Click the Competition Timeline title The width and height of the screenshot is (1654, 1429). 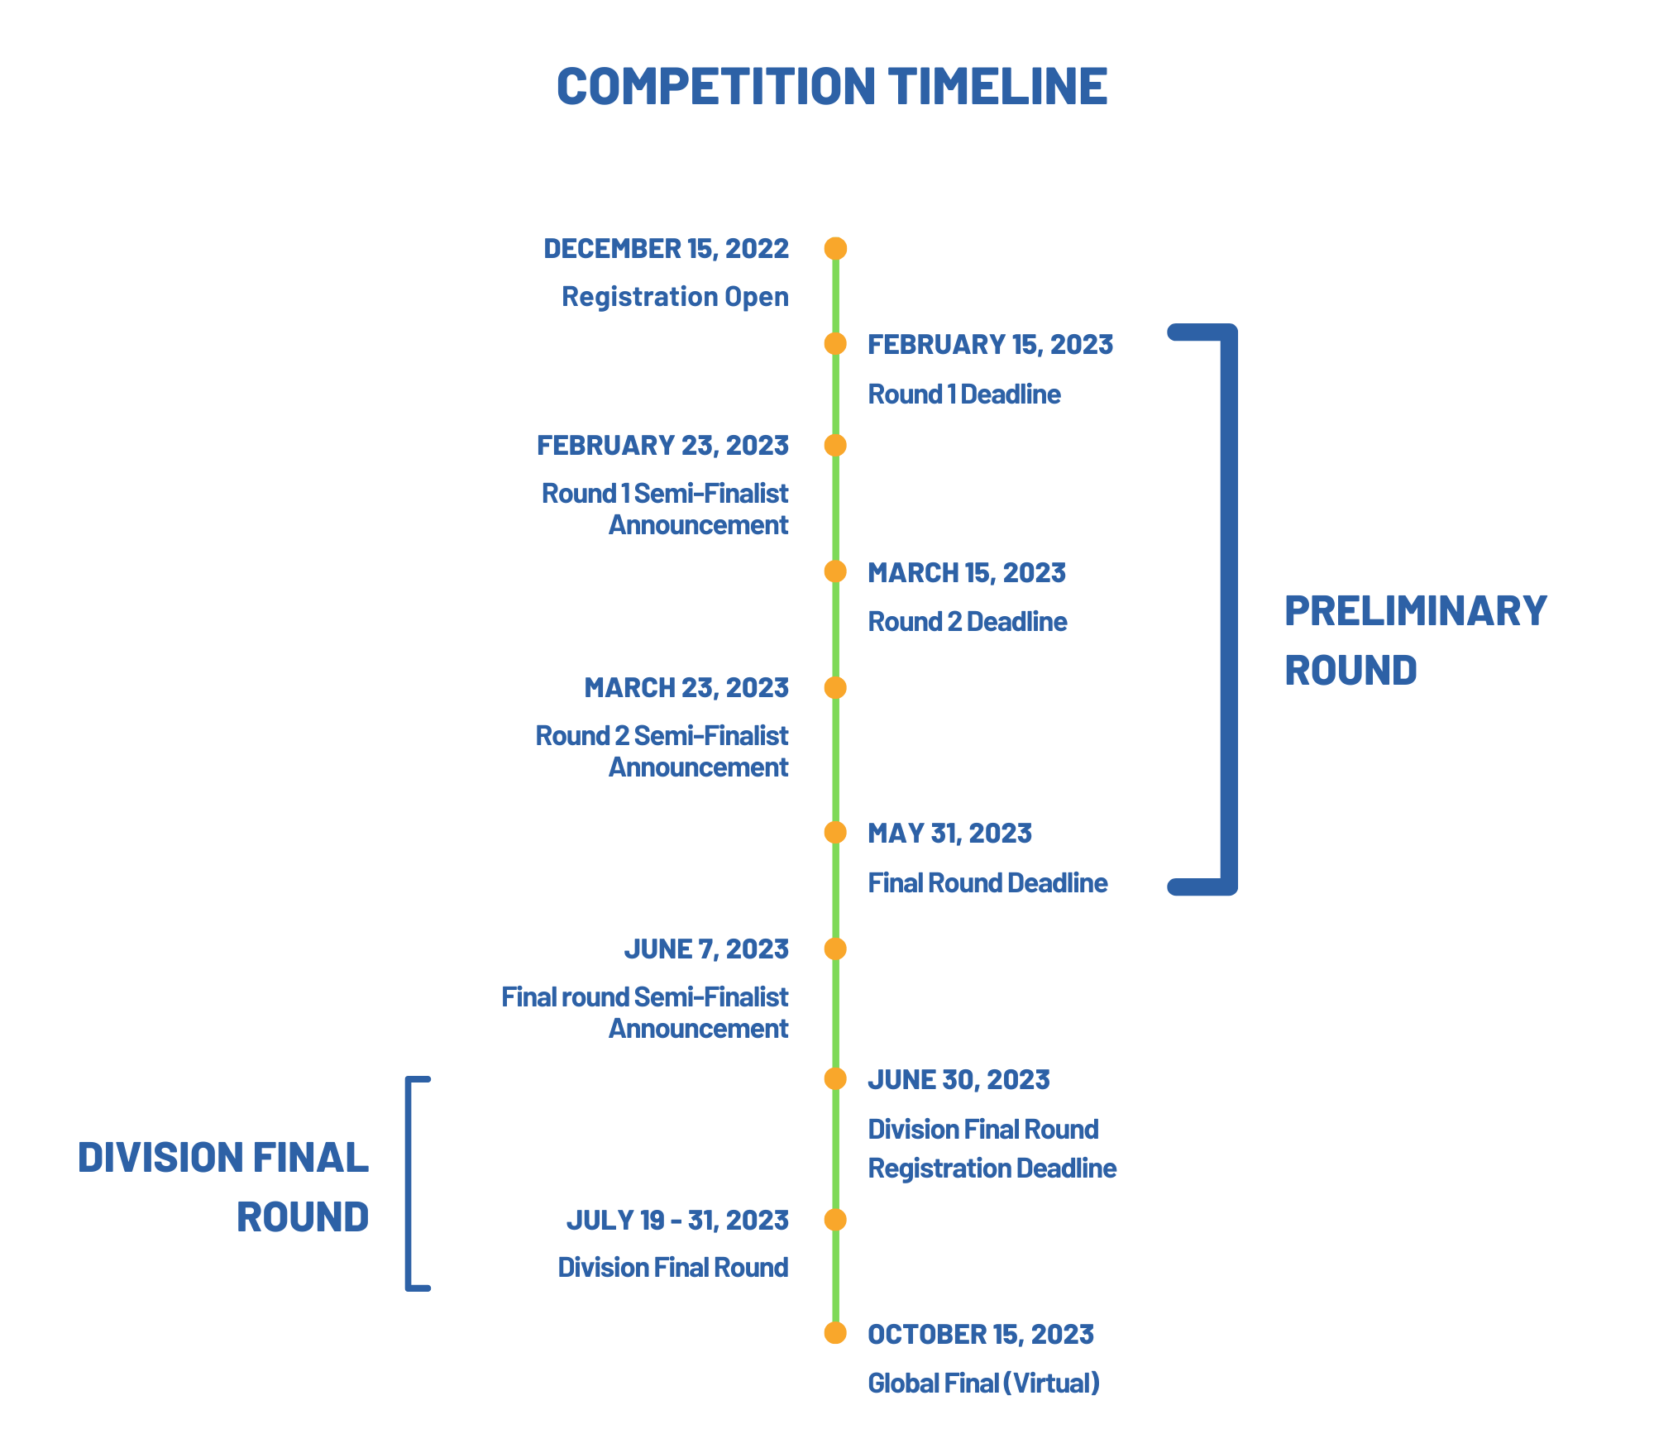click(x=832, y=85)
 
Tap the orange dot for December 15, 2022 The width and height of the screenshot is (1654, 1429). click(x=835, y=248)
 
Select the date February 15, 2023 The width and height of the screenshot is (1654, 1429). click(x=990, y=345)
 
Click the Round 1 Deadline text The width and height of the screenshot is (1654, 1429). click(x=964, y=394)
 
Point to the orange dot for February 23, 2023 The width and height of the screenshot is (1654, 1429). click(x=835, y=445)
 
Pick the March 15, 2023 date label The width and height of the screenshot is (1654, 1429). click(x=967, y=573)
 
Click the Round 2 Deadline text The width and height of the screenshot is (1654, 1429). click(x=968, y=621)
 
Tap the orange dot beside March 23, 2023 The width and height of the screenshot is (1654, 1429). click(x=835, y=687)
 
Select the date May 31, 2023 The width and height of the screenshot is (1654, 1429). click(x=949, y=834)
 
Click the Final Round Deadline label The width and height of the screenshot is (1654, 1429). click(x=987, y=882)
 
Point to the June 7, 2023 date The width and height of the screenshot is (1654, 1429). click(x=706, y=949)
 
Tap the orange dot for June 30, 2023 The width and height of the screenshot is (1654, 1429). click(x=835, y=1078)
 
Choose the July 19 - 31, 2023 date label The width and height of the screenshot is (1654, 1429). click(x=677, y=1221)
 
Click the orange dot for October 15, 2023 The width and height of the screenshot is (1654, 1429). click(x=835, y=1333)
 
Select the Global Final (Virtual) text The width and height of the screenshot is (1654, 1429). click(x=984, y=1383)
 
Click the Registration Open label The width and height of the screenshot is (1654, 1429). click(x=675, y=297)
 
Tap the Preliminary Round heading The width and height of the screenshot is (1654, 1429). click(x=1415, y=640)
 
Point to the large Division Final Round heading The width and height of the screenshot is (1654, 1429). click(x=223, y=1187)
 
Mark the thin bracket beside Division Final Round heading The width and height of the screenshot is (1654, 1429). click(x=408, y=1183)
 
